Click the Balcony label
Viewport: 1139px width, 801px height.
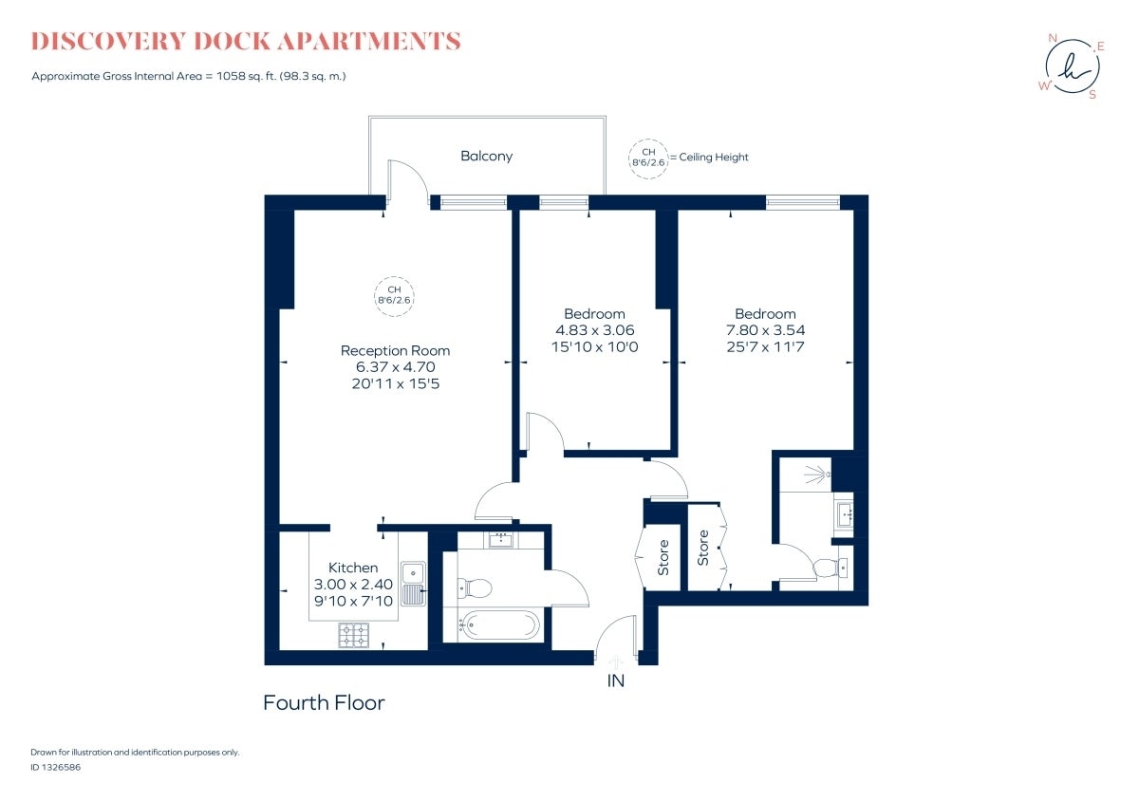(486, 157)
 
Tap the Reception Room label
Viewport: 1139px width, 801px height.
(395, 350)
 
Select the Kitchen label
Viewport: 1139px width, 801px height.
(353, 568)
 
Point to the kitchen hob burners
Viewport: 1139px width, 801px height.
(354, 635)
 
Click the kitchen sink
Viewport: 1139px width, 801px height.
(414, 583)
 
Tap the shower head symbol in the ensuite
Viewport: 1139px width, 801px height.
(818, 475)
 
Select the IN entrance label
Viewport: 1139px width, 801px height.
(615, 680)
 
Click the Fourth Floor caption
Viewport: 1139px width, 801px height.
(324, 703)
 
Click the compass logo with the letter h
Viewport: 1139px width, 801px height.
(1072, 66)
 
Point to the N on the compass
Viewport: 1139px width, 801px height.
(1052, 38)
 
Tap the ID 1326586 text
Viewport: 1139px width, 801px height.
(55, 767)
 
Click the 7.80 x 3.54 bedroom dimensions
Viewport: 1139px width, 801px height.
(765, 330)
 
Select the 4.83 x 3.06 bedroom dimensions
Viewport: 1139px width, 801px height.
(594, 330)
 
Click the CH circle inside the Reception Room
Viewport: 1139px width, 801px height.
(394, 296)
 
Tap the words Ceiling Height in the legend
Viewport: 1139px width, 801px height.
(714, 158)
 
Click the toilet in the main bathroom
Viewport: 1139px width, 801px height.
(475, 588)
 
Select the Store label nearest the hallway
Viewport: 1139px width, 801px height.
(663, 557)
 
